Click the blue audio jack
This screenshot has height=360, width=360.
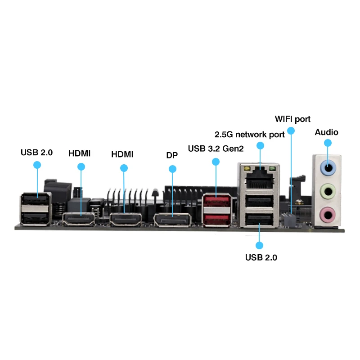(x=328, y=168)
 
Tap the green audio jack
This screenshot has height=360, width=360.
(x=328, y=191)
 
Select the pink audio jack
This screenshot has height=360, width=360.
(x=328, y=215)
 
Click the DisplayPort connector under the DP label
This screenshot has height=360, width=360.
(x=172, y=220)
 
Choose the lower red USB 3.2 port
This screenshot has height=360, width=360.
(x=216, y=220)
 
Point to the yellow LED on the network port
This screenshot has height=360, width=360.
(x=247, y=169)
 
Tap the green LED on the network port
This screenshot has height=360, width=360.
(x=272, y=169)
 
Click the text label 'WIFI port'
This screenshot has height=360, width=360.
(x=292, y=119)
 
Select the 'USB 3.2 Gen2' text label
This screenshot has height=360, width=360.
(x=216, y=149)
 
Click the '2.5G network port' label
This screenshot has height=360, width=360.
(x=250, y=135)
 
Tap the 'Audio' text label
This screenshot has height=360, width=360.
(x=326, y=132)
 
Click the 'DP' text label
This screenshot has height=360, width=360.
(x=172, y=155)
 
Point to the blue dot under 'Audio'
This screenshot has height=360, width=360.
(x=328, y=143)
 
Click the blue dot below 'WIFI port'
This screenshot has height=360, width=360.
(x=291, y=130)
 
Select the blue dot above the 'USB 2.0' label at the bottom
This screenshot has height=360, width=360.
(x=260, y=245)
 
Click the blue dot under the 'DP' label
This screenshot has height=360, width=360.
(x=172, y=169)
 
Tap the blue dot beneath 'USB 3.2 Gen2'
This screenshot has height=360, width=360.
(x=216, y=162)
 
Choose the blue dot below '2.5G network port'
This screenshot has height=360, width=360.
(x=260, y=145)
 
